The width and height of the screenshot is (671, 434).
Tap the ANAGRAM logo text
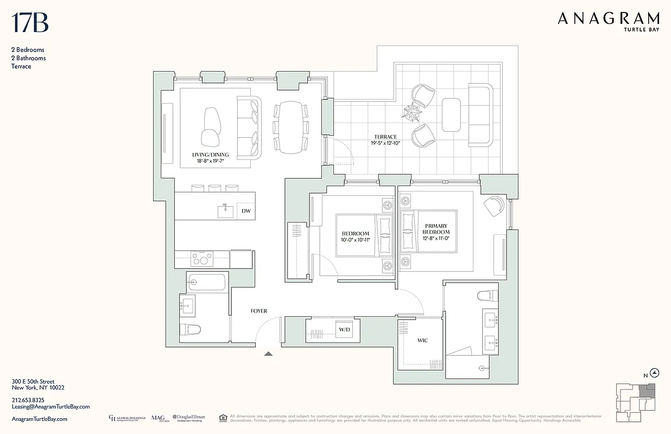click(x=609, y=19)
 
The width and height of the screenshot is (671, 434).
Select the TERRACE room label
click(x=385, y=137)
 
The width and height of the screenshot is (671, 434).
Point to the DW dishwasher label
click(x=245, y=210)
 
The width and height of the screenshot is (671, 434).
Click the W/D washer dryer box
click(x=345, y=329)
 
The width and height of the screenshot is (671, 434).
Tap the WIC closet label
click(x=422, y=341)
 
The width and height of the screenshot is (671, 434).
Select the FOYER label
click(x=258, y=311)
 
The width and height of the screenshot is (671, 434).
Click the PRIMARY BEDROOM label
click(x=436, y=229)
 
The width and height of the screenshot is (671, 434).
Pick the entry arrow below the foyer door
click(x=268, y=354)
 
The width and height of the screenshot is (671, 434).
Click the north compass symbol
click(x=655, y=373)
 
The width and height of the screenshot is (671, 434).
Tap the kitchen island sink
click(x=225, y=210)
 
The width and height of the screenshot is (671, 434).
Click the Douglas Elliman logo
click(x=188, y=418)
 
